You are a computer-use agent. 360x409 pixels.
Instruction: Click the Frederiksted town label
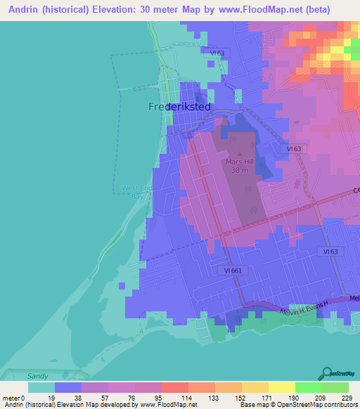pyautogui.click(x=180, y=107)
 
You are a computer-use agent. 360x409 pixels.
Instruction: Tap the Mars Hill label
pyautogui.click(x=240, y=161)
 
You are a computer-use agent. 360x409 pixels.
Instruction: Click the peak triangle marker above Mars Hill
pyautogui.click(x=240, y=152)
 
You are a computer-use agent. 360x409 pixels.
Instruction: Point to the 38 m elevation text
pyautogui.click(x=240, y=169)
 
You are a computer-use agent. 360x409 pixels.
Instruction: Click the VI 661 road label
pyautogui.click(x=234, y=270)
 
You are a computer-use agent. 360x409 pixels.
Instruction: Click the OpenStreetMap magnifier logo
pyautogui.click(x=328, y=372)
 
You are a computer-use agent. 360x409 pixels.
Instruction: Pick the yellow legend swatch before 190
pyautogui.click(x=281, y=387)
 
